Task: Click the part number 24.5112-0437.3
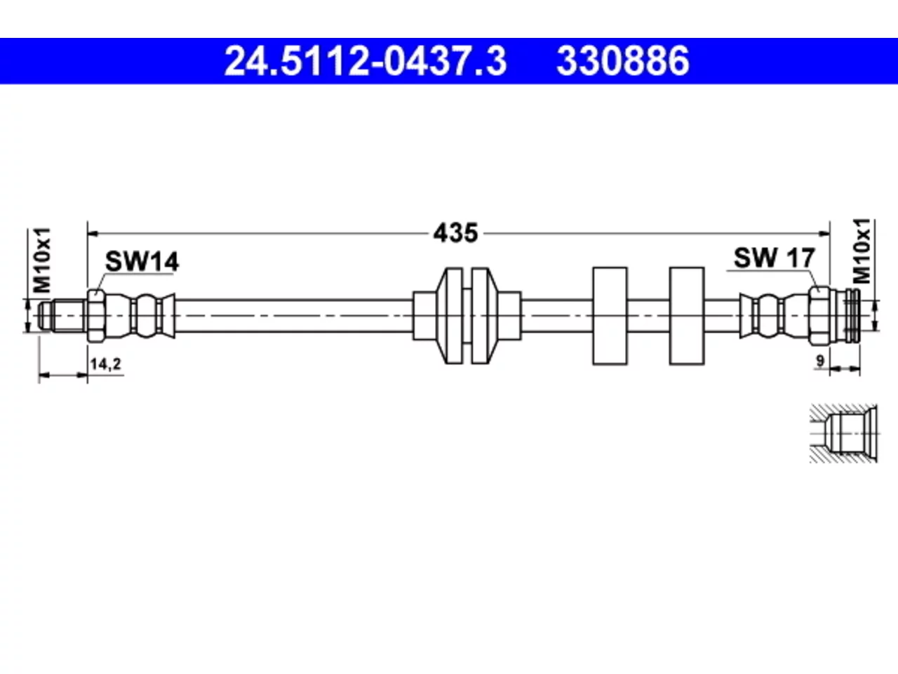click(366, 61)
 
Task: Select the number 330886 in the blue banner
click(623, 61)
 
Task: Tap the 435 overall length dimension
click(455, 233)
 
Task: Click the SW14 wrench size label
click(142, 261)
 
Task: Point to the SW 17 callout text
click(775, 258)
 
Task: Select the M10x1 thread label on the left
click(41, 260)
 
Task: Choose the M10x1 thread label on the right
click(862, 251)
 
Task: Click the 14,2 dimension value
click(105, 364)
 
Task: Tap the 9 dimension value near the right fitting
click(820, 362)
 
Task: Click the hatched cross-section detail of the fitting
click(843, 434)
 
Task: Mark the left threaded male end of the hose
click(62, 315)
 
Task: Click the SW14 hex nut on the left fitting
click(97, 315)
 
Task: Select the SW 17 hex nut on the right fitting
click(819, 315)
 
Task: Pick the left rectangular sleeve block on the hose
click(610, 315)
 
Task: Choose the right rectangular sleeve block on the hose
click(687, 315)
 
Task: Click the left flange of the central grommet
click(449, 315)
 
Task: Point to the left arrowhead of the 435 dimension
click(93, 234)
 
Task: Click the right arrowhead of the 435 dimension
click(824, 234)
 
